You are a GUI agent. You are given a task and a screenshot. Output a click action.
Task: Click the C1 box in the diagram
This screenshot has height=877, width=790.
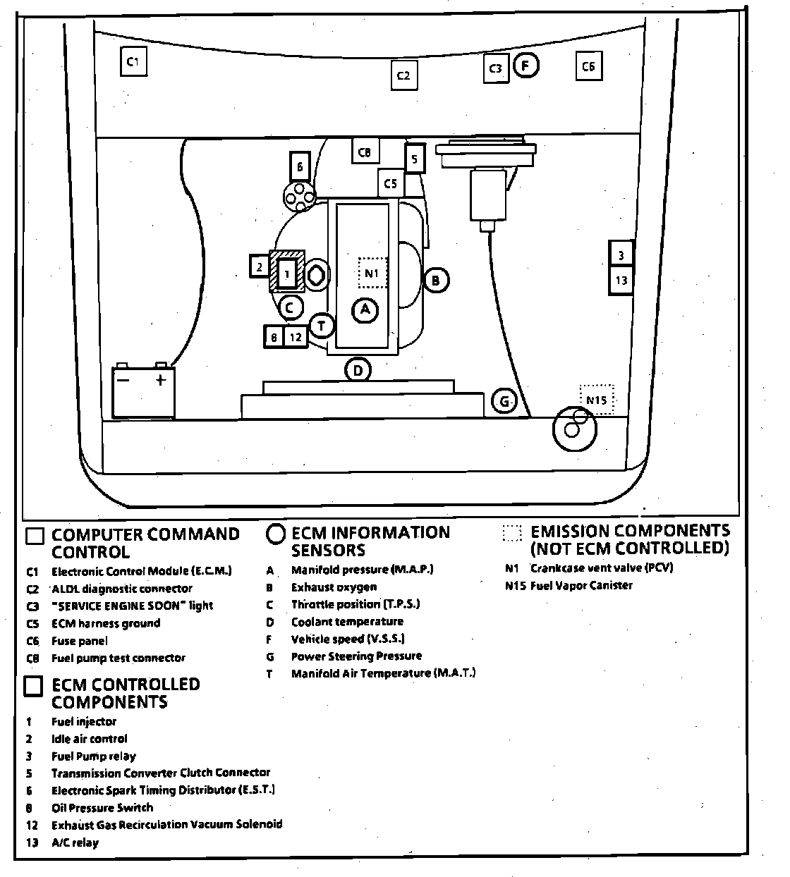[132, 61]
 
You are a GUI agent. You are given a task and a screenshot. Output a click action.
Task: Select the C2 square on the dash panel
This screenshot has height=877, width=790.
[403, 75]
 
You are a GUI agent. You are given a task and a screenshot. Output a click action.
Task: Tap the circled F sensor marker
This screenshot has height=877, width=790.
[525, 66]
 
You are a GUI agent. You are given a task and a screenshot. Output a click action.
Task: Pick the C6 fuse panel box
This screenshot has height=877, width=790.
[588, 66]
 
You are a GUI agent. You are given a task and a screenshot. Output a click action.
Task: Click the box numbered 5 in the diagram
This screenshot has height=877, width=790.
[414, 159]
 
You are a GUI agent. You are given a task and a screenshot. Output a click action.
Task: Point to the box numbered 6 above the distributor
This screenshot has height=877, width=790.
[300, 167]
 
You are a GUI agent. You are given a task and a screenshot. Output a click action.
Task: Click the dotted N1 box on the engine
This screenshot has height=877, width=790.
[372, 272]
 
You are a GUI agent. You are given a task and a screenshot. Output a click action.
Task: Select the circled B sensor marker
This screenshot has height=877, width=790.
[436, 280]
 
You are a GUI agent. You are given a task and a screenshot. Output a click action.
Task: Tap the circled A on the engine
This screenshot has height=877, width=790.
[365, 309]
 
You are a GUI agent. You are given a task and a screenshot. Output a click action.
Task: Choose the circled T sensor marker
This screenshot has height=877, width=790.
[322, 325]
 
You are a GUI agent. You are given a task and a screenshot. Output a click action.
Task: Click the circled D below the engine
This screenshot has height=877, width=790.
[358, 369]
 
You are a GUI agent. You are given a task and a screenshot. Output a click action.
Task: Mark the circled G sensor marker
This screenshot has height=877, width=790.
[504, 402]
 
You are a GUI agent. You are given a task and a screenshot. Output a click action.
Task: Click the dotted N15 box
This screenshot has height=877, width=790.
[596, 400]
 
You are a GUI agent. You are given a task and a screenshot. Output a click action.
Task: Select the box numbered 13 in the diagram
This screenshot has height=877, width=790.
[621, 281]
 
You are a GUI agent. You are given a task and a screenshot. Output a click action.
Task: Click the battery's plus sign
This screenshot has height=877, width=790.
[162, 380]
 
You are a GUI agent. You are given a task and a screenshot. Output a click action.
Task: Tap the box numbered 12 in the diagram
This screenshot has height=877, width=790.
[296, 338]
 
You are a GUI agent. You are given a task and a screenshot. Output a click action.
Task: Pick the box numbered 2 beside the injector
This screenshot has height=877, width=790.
[260, 266]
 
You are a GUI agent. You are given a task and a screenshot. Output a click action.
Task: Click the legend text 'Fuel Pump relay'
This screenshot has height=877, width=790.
[93, 756]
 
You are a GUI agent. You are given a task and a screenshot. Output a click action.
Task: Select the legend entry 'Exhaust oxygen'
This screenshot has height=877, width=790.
[334, 587]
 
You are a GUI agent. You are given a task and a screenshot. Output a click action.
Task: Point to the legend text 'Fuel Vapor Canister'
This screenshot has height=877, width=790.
[581, 585]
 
